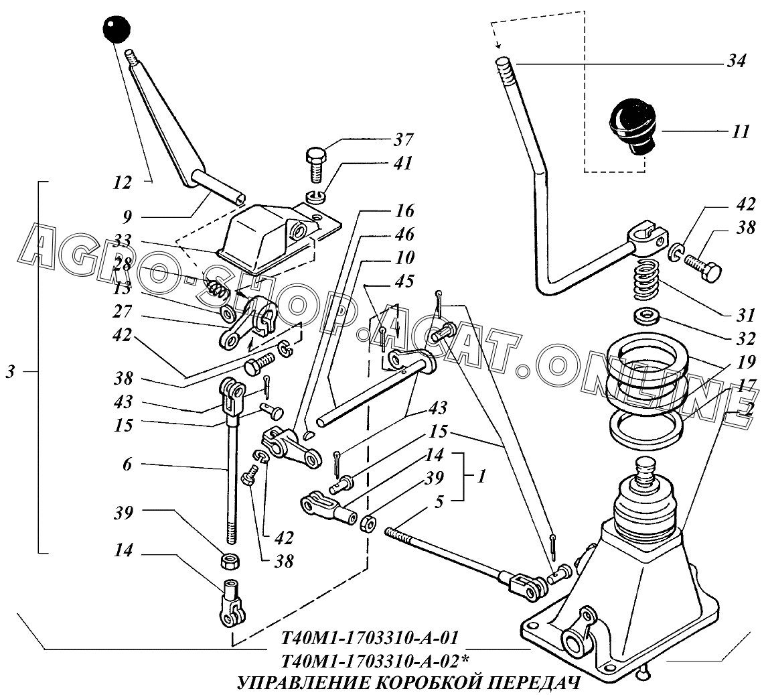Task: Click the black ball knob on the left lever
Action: [117, 29]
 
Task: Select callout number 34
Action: [737, 61]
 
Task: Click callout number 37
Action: [403, 139]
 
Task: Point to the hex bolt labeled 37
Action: [317, 168]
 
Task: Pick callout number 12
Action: [121, 183]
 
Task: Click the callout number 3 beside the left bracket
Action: [10, 371]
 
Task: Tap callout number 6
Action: [127, 464]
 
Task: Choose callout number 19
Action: [746, 361]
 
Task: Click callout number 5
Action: [439, 502]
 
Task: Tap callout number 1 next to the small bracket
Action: [481, 476]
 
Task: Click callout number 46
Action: [404, 234]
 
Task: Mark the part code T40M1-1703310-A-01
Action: [370, 637]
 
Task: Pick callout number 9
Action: [127, 217]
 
